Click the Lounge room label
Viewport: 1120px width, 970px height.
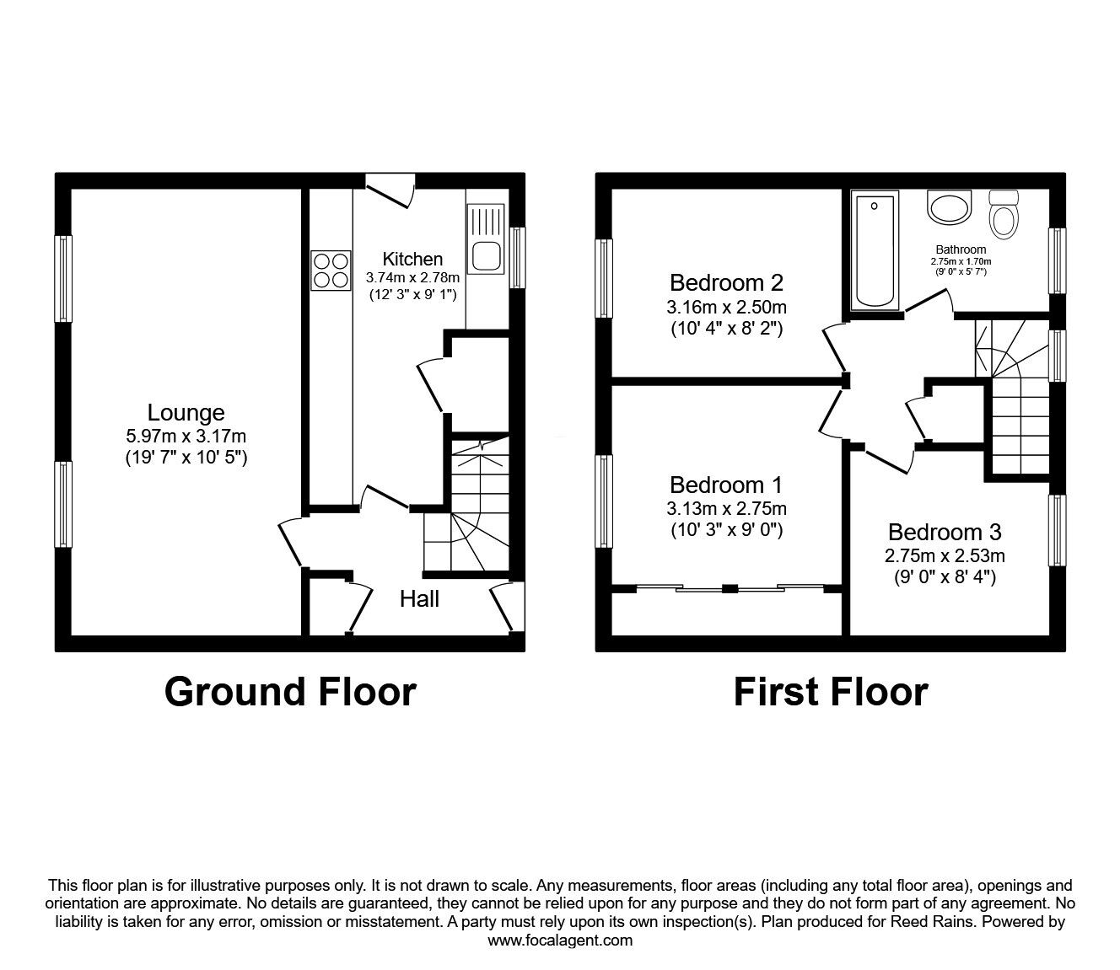pyautogui.click(x=186, y=413)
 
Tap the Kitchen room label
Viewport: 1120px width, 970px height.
pyautogui.click(x=412, y=259)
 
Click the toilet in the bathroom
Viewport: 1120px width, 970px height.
pyautogui.click(x=1003, y=215)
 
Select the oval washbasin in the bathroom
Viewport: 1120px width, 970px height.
pyautogui.click(x=950, y=207)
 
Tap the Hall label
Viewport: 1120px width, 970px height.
pyautogui.click(x=419, y=599)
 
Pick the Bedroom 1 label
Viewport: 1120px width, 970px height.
pyautogui.click(x=725, y=485)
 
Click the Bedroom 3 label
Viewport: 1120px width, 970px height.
pyautogui.click(x=944, y=533)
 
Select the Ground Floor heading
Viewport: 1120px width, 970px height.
pyautogui.click(x=290, y=692)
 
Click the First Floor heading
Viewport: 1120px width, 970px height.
pyautogui.click(x=830, y=692)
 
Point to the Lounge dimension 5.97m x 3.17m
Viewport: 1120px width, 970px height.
pyautogui.click(x=186, y=437)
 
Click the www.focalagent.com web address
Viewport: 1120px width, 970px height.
pyautogui.click(x=560, y=941)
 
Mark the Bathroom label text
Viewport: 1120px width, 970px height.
pyautogui.click(x=960, y=249)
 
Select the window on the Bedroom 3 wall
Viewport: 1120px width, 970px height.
pyautogui.click(x=1057, y=530)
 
